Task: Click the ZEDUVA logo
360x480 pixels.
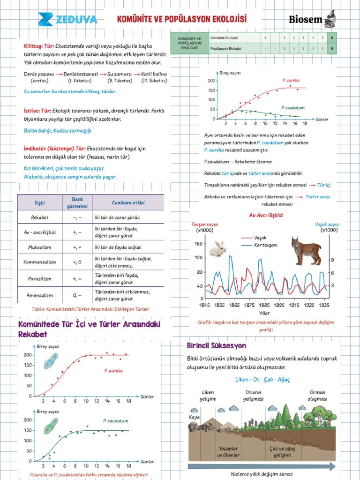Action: (68, 19)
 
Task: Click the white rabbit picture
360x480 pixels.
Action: (217, 248)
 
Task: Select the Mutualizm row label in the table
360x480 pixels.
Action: (39, 247)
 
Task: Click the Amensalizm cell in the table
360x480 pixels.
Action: (39, 296)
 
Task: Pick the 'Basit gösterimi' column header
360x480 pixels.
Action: (77, 202)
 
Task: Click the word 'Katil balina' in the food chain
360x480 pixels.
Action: (154, 74)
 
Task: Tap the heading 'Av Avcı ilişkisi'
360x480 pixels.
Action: (266, 215)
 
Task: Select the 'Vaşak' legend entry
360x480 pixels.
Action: (260, 238)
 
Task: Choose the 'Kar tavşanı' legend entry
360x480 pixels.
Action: (265, 245)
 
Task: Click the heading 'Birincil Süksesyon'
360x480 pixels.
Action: (216, 346)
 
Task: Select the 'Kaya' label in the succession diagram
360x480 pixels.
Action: (194, 417)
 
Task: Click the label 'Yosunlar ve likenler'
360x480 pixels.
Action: (228, 452)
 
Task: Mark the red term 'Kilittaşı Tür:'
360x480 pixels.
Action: (39, 46)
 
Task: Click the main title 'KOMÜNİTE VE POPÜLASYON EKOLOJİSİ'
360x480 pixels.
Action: (181, 19)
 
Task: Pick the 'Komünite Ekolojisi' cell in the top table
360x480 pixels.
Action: (225, 37)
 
